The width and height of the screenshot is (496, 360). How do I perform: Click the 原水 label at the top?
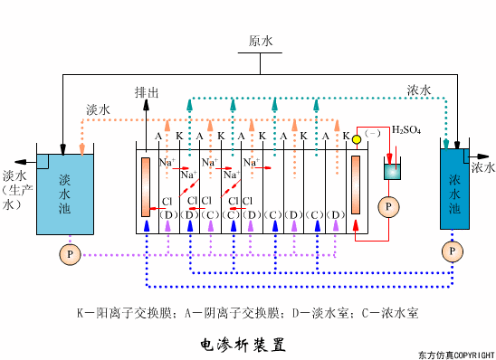coord(262,42)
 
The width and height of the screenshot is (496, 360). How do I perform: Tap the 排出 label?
coord(147,92)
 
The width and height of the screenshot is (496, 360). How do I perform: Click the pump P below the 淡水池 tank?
coord(69,255)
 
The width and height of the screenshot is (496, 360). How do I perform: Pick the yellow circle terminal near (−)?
coord(357,138)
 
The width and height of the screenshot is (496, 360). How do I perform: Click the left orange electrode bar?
coord(145,187)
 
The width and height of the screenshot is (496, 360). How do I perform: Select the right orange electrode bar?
coord(355,185)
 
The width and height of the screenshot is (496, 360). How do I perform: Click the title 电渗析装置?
coord(242,344)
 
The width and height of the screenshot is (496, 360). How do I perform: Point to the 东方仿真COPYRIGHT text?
coord(457,354)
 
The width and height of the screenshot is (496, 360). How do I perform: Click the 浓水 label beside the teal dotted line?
coord(419,90)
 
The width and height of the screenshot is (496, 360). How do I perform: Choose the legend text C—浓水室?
coord(388,313)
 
